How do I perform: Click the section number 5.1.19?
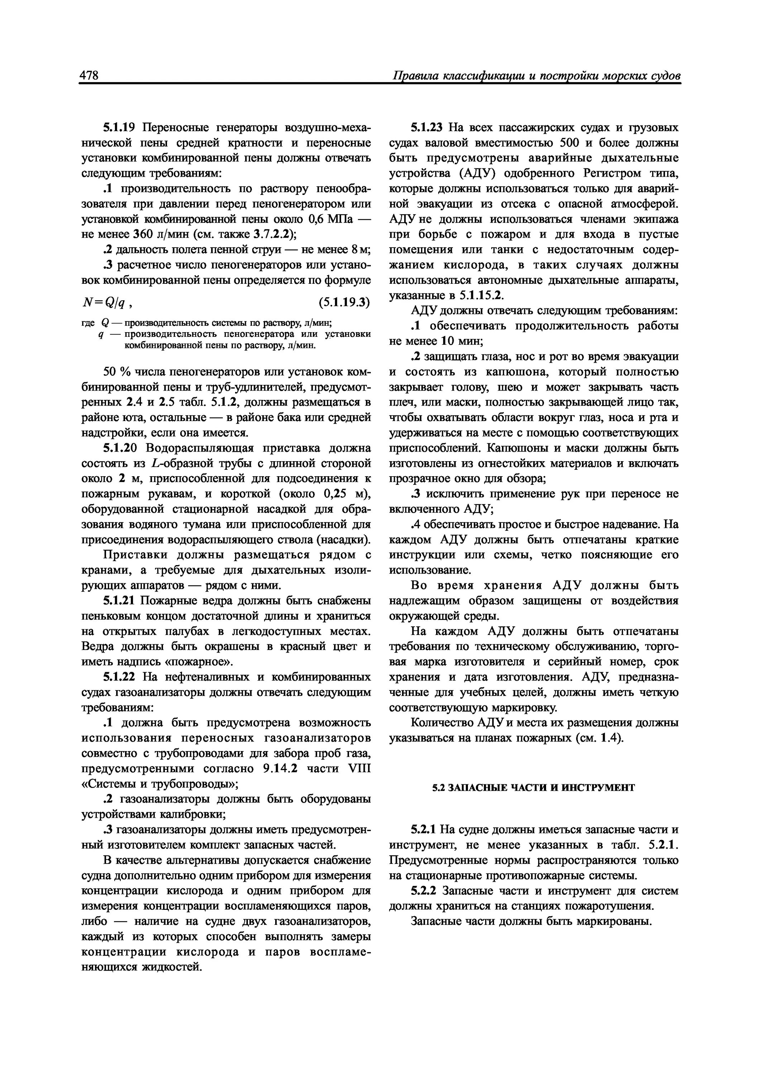pyautogui.click(x=119, y=127)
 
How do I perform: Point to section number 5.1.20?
pyautogui.click(x=120, y=448)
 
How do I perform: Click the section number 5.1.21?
pyautogui.click(x=119, y=601)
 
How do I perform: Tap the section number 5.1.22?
pyautogui.click(x=119, y=677)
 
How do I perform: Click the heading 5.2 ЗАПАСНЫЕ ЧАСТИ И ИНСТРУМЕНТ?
pyautogui.click(x=533, y=788)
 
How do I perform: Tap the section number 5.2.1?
pyautogui.click(x=423, y=830)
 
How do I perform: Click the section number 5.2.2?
pyautogui.click(x=423, y=890)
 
